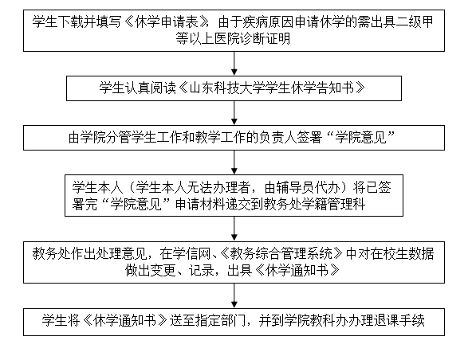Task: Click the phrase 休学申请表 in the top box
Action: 167,22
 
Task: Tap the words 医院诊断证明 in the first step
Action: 253,39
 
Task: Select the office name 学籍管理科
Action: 333,205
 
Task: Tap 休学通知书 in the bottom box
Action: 125,321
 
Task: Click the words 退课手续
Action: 399,321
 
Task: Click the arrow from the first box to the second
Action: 234,64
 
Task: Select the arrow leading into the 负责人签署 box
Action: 234,113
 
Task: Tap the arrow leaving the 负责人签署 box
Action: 234,162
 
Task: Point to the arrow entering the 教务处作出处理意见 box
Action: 234,229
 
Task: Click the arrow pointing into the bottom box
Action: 234,295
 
